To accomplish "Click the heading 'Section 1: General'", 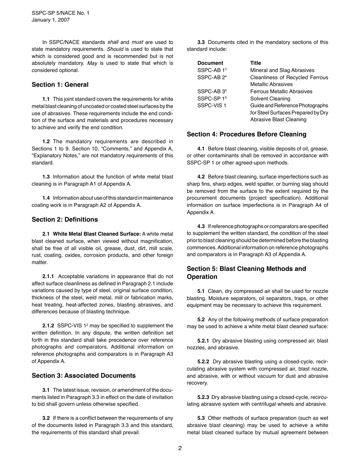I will pos(60,85).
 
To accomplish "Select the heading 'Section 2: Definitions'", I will pos(64,220).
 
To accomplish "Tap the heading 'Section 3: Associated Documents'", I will pos(83,376).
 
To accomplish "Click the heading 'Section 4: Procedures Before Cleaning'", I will pos(246,134).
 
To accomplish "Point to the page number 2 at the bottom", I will pos(180,448).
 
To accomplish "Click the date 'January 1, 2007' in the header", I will pos(50,20).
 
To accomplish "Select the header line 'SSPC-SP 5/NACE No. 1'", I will pos(61,13).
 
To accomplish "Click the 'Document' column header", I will pos(210,63).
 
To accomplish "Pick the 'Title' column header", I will pos(255,63).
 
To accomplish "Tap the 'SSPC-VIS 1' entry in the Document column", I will pos(211,106).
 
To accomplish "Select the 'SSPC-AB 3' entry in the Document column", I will pos(211,92).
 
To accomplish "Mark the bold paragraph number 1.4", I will pos(46,198).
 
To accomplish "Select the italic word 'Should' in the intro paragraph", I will pos(114,49).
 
